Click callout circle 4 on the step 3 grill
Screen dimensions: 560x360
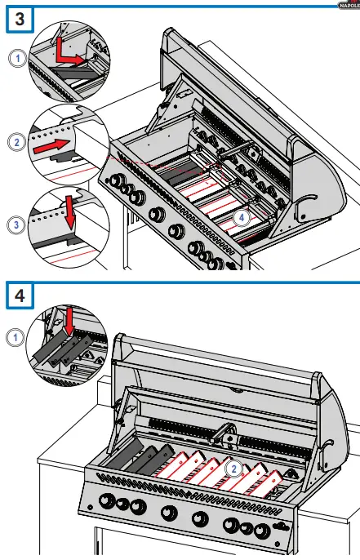pyautogui.click(x=239, y=217)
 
